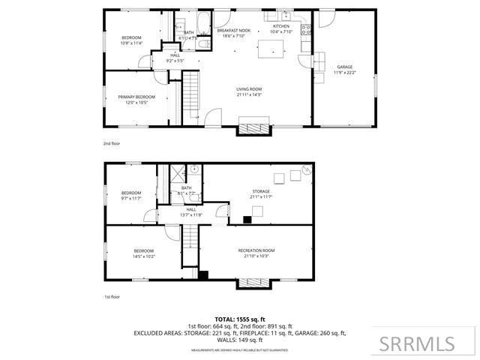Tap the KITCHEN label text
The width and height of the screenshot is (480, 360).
(x=280, y=25)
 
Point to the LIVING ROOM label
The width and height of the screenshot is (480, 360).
(x=250, y=89)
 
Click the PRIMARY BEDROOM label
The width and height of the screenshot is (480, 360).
(x=136, y=97)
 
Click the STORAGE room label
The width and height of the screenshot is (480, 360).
(x=260, y=193)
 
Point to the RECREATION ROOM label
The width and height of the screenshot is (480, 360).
(x=256, y=250)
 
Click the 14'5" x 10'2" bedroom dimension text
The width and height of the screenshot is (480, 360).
(x=144, y=256)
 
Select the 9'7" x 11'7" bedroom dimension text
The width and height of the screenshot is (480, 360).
(x=132, y=198)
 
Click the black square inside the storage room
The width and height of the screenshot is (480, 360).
(x=247, y=220)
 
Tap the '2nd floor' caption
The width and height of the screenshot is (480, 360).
(x=111, y=142)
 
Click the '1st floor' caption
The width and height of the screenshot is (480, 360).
(x=111, y=296)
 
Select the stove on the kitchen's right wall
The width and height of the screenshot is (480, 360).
(x=305, y=31)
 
